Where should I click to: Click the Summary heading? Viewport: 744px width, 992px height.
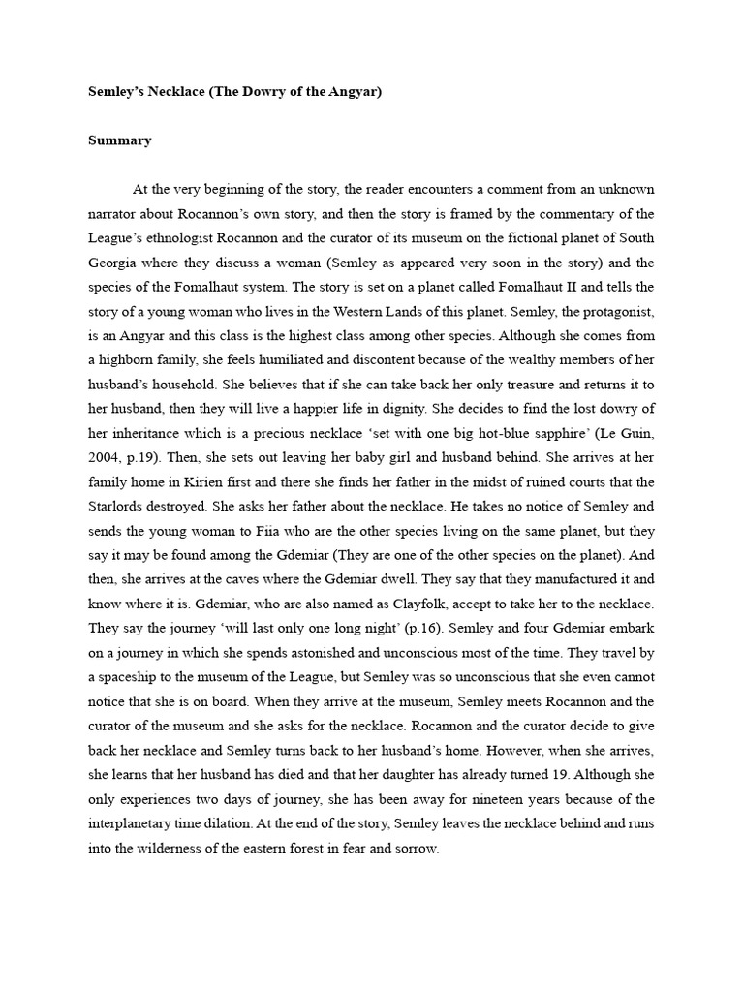click(x=120, y=140)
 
